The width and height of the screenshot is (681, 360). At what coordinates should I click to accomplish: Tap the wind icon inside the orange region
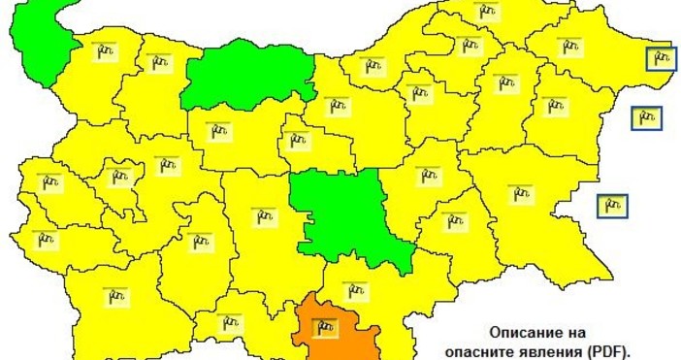(x=325, y=327)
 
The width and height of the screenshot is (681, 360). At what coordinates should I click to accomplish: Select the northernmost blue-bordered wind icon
(x=661, y=59)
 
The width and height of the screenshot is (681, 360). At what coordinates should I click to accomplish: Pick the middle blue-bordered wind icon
(x=646, y=118)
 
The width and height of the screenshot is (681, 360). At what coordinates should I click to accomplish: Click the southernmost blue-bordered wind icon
(x=611, y=205)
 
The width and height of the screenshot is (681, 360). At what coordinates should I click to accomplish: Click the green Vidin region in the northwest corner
(x=39, y=39)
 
